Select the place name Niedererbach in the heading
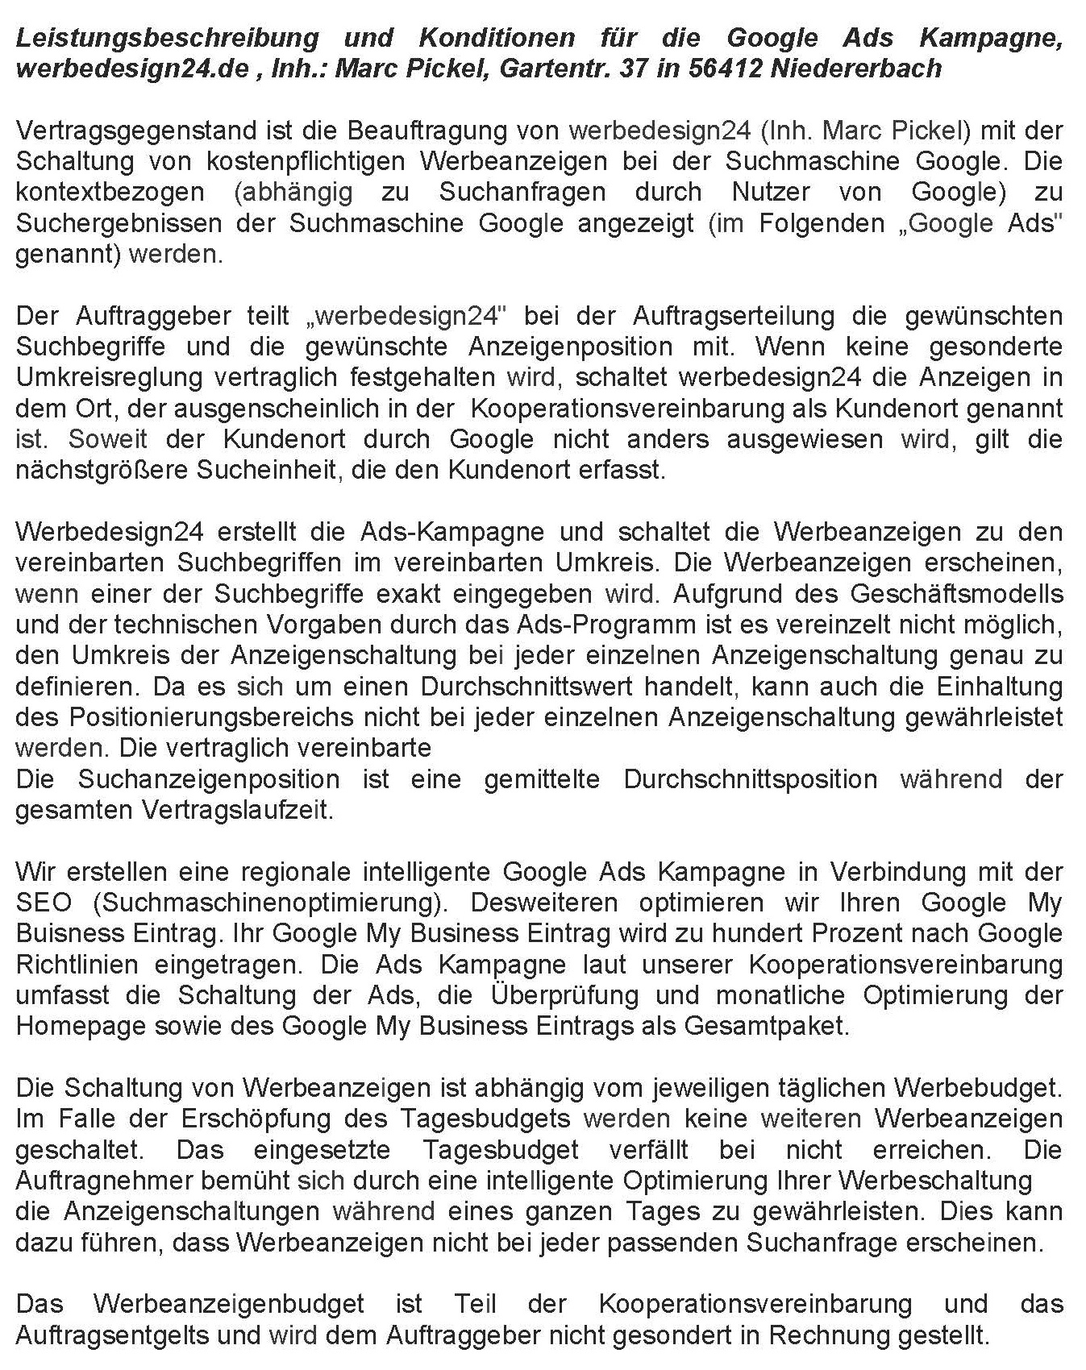(x=856, y=68)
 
